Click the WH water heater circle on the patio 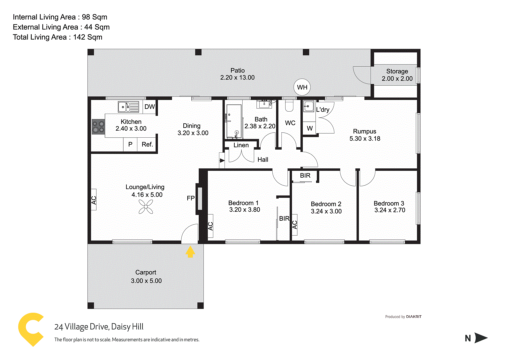point(302,87)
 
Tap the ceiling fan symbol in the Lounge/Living point(146,207)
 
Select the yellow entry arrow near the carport point(190,252)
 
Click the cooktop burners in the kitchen point(98,127)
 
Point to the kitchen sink point(128,107)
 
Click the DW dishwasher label point(150,107)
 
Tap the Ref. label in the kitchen point(147,144)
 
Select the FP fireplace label point(191,198)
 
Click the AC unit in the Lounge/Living point(94,200)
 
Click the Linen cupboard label point(241,145)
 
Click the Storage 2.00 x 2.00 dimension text point(397,79)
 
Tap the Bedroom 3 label point(389,203)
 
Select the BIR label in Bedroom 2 point(305,176)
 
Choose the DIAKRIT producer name point(414,317)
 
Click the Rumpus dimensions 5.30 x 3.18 point(365,139)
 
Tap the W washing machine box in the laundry point(310,128)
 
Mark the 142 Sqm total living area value point(88,37)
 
